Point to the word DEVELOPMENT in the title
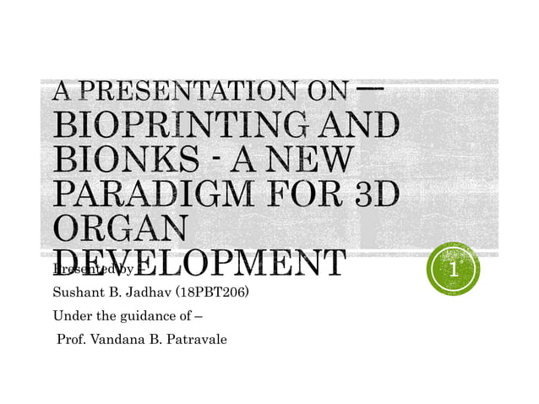[199, 261]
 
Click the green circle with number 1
[454, 270]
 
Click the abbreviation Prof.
[69, 341]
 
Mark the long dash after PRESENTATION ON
[371, 88]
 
